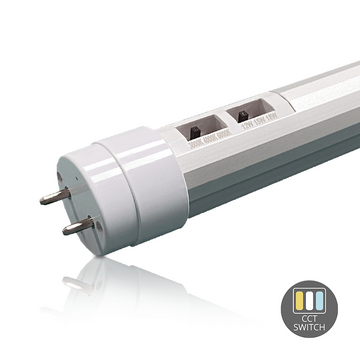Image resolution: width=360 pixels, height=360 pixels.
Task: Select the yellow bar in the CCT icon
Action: (x=302, y=298)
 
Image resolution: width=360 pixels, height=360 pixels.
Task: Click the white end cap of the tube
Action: (x=130, y=185)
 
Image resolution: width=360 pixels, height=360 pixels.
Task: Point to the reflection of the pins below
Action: (x=70, y=275)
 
